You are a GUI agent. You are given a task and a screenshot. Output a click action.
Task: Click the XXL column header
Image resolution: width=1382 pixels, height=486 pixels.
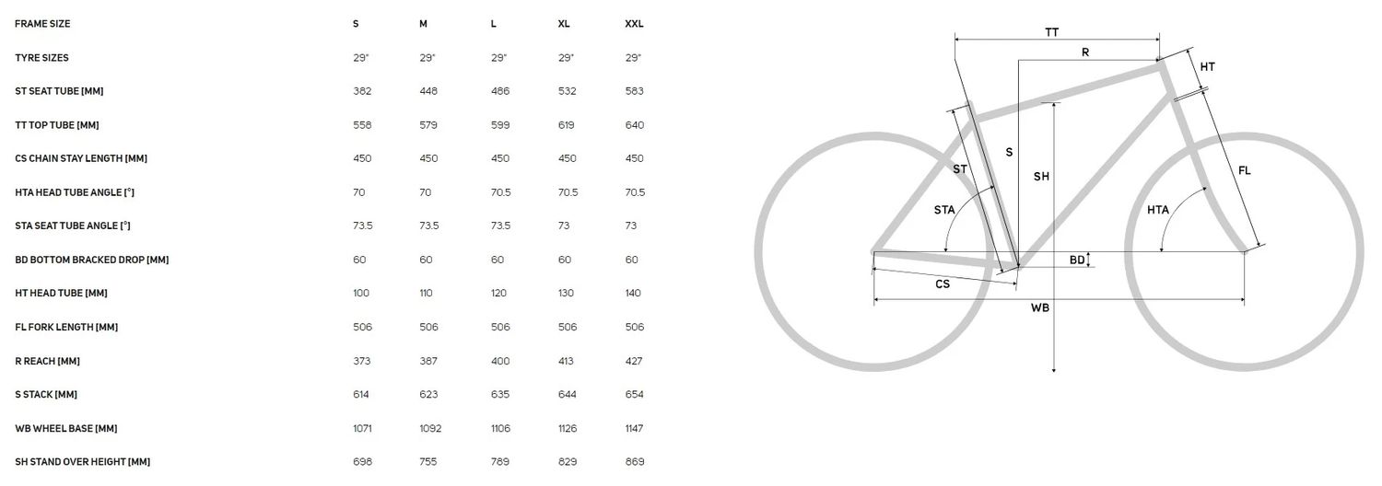pyautogui.click(x=634, y=24)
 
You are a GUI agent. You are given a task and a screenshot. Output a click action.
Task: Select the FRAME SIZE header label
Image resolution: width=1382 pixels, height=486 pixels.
pyautogui.click(x=42, y=24)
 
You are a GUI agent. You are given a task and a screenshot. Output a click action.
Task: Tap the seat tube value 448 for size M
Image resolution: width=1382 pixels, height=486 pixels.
pyautogui.click(x=428, y=91)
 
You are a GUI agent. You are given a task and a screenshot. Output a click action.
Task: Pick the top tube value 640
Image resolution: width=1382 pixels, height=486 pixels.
pyautogui.click(x=634, y=125)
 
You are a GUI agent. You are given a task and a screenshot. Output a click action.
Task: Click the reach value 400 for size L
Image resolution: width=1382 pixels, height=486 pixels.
pyautogui.click(x=500, y=361)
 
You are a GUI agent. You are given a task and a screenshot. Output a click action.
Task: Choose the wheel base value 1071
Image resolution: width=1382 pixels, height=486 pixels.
pyautogui.click(x=362, y=428)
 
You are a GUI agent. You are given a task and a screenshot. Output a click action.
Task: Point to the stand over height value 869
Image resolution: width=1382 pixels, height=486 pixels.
pyautogui.click(x=634, y=461)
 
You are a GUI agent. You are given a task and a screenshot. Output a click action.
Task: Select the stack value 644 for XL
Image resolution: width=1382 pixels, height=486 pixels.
pyautogui.click(x=567, y=394)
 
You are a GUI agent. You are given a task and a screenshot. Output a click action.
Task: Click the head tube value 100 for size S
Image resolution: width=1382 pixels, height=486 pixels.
pyautogui.click(x=361, y=293)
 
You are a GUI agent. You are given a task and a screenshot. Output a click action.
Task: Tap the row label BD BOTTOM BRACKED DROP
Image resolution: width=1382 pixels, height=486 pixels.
pyautogui.click(x=92, y=260)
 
